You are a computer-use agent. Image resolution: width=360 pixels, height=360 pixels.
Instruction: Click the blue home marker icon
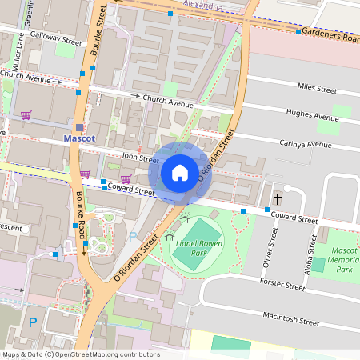(x=180, y=173)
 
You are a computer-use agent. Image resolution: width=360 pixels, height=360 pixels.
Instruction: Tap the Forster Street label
(x=282, y=285)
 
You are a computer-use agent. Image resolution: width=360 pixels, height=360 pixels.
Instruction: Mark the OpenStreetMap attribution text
(x=81, y=354)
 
